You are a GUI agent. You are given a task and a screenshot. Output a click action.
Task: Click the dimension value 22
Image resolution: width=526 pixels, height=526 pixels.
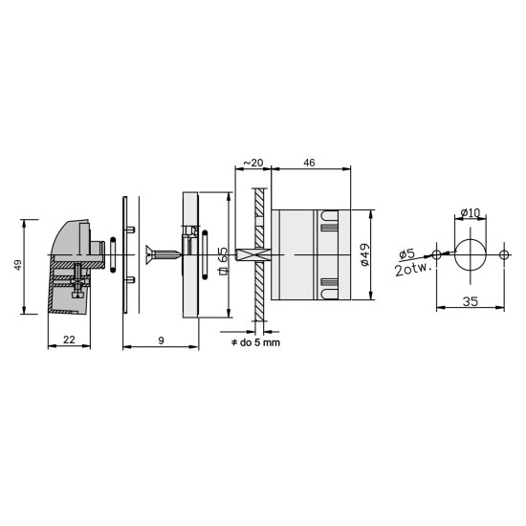pyautogui.click(x=69, y=340)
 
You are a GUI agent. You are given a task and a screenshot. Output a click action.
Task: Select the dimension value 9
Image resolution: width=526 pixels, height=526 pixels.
pyautogui.click(x=162, y=340)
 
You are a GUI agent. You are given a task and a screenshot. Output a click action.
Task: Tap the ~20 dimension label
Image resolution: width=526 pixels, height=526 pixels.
pyautogui.click(x=252, y=163)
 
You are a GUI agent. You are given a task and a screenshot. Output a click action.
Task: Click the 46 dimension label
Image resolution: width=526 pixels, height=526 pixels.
pyautogui.click(x=309, y=163)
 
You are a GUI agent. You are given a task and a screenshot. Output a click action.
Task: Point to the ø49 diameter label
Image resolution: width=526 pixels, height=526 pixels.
pyautogui.click(x=365, y=254)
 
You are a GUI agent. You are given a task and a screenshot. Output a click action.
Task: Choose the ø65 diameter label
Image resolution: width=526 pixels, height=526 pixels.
pyautogui.click(x=224, y=261)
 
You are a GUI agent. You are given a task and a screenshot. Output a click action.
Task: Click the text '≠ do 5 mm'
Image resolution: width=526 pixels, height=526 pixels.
pyautogui.click(x=255, y=342)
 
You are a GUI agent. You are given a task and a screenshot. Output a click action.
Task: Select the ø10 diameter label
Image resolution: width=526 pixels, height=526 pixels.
pyautogui.click(x=471, y=212)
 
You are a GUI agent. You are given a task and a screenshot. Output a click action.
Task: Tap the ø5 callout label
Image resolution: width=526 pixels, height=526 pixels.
pyautogui.click(x=406, y=253)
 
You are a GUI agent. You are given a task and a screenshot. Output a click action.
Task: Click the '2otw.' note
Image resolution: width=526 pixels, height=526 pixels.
pyautogui.click(x=412, y=270)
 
